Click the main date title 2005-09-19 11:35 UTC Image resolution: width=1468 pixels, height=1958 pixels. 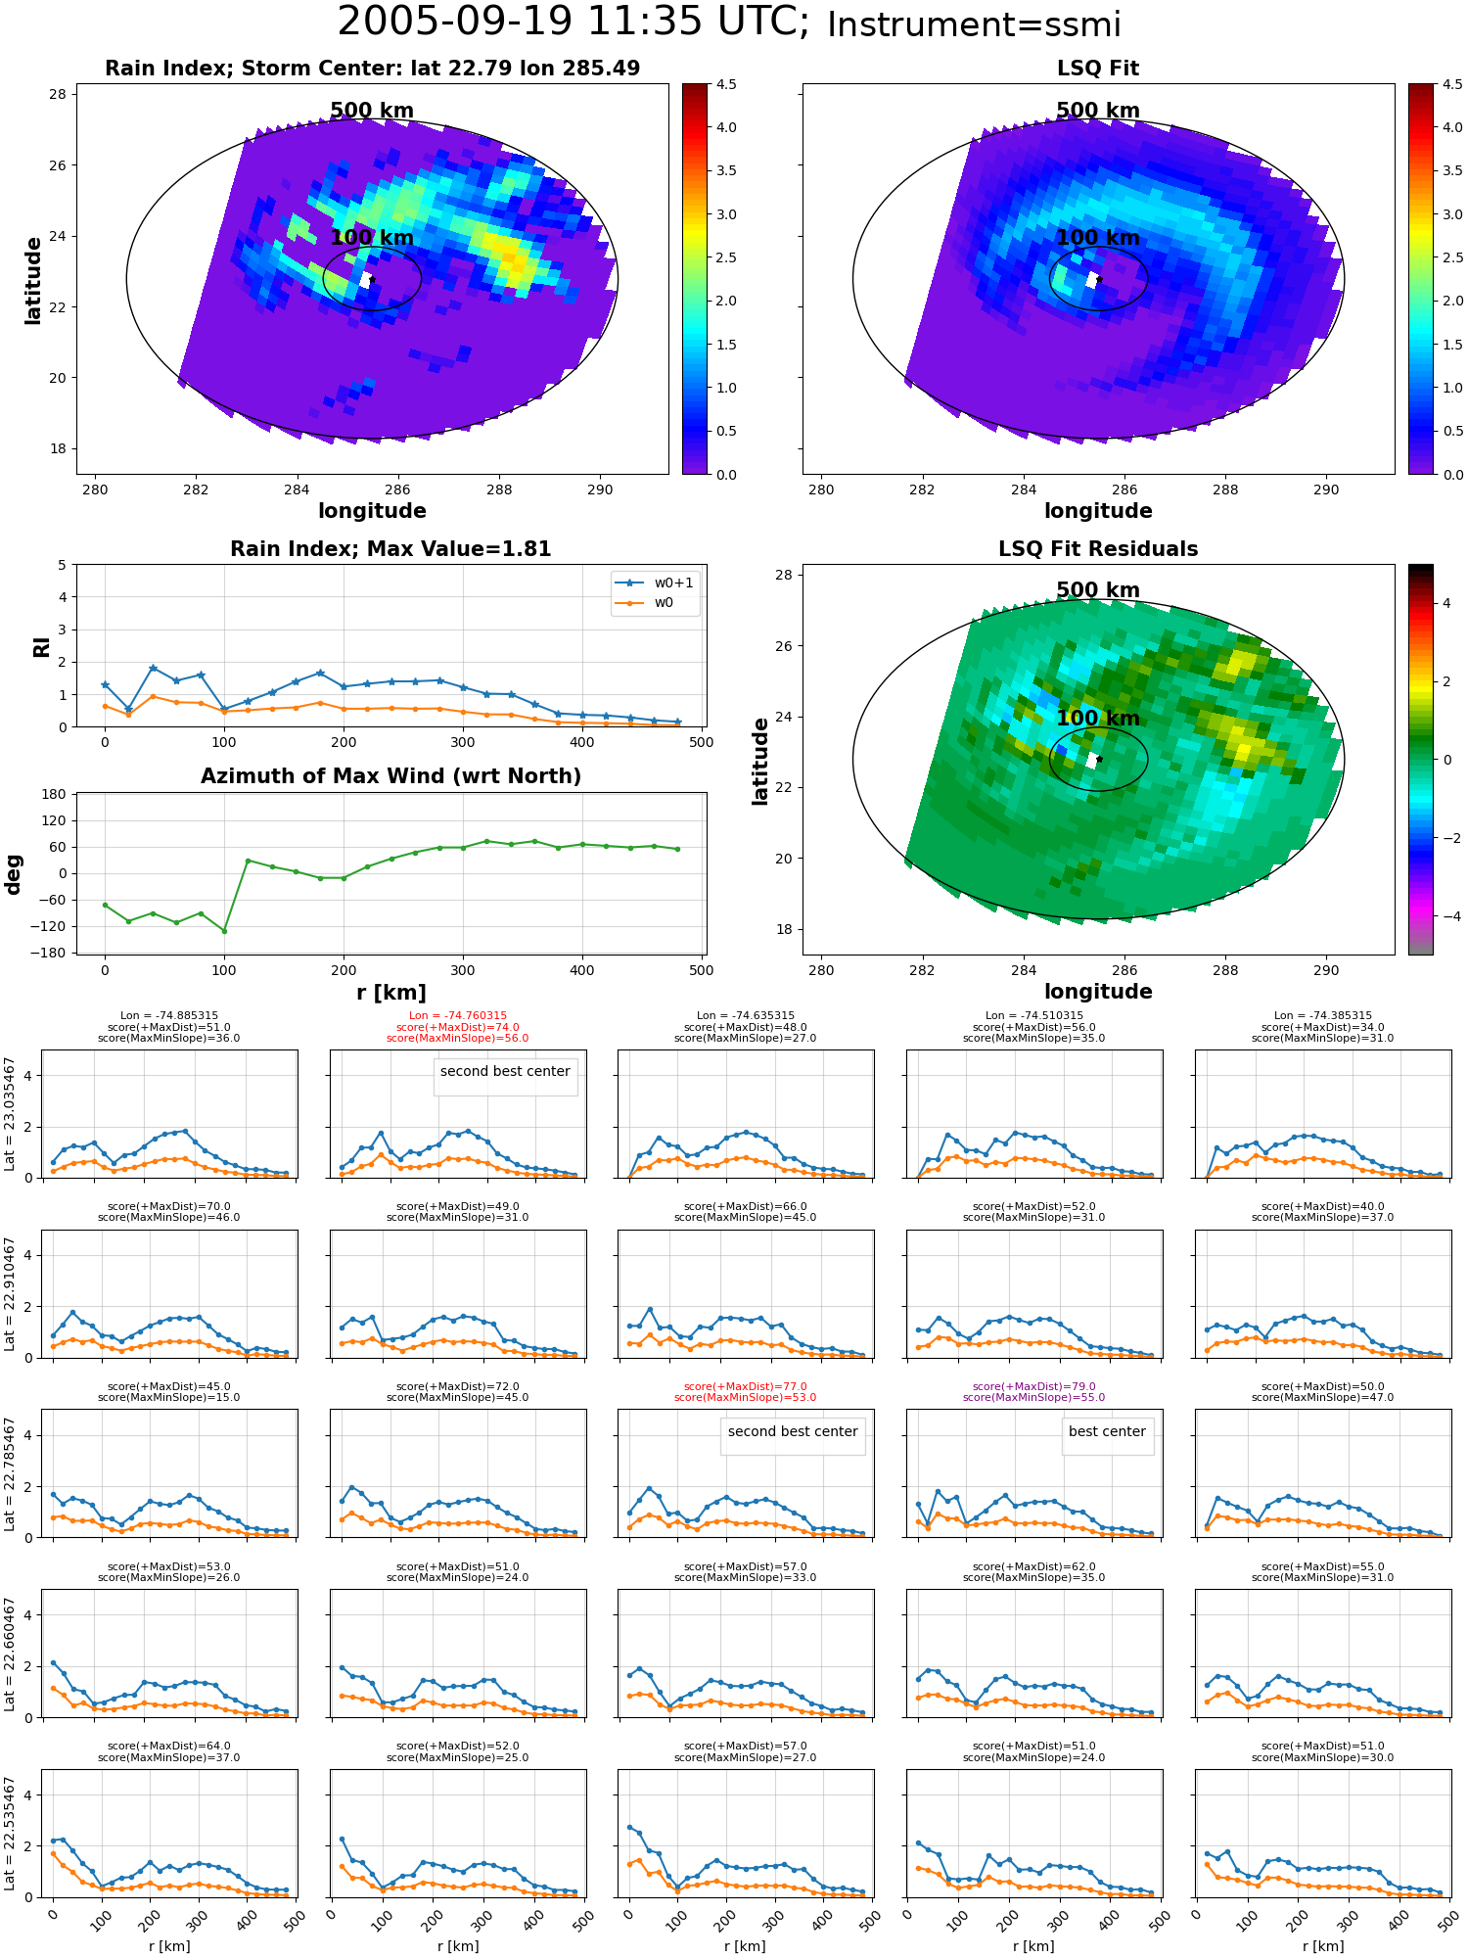tap(573, 23)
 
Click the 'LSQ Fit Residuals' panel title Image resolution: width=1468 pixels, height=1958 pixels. tap(1098, 549)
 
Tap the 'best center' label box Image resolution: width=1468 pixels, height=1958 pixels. tap(1107, 1431)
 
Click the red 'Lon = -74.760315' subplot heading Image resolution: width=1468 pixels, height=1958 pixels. tap(458, 1015)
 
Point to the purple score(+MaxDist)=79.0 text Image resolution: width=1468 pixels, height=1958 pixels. tap(1034, 1386)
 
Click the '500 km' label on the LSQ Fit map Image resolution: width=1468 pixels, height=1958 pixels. tap(1098, 111)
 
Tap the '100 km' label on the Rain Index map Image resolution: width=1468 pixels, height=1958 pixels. tap(372, 238)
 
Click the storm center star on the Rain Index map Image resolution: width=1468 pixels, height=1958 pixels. tap(372, 279)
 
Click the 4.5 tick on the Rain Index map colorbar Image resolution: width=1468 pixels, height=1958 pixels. tap(726, 85)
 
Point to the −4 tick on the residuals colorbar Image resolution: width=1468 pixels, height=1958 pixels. tap(1446, 916)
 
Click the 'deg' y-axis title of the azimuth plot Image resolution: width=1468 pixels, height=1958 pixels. tap(14, 874)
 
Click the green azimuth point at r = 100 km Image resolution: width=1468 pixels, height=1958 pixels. tap(224, 931)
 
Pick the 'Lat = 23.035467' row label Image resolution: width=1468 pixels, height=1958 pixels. tap(10, 1114)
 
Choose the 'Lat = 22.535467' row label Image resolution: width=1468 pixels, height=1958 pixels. tap(10, 1834)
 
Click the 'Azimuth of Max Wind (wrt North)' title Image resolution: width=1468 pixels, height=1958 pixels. tap(391, 776)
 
